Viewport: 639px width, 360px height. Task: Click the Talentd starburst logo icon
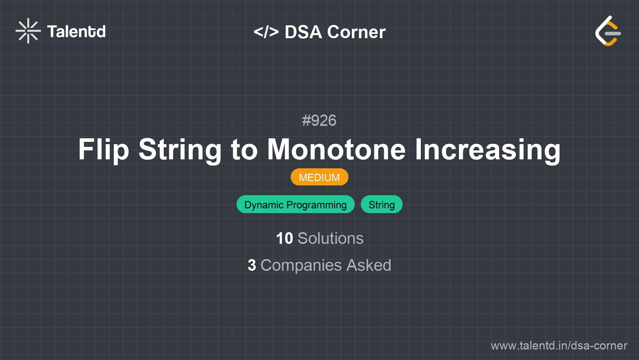[28, 31]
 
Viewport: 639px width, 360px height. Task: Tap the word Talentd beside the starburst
[76, 32]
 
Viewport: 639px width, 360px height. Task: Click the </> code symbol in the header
[266, 32]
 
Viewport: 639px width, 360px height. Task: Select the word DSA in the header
[303, 32]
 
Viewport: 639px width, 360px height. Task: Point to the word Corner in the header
[356, 32]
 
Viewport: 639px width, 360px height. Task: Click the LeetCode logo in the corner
[608, 31]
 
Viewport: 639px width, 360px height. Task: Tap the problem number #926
[319, 120]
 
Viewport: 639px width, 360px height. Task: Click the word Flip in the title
[104, 150]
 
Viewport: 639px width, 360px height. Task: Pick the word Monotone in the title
[336, 150]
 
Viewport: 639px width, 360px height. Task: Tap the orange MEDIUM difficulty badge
[319, 177]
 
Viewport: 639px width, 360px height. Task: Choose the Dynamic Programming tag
[295, 204]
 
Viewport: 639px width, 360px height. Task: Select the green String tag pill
[381, 204]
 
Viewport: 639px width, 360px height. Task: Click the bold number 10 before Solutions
[284, 238]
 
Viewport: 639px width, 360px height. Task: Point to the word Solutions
[330, 238]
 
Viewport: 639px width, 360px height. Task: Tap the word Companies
[301, 266]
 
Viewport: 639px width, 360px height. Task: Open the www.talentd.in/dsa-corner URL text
[559, 346]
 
